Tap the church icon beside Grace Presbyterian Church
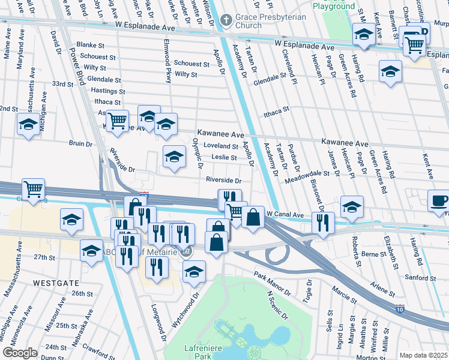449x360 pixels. tap(226, 20)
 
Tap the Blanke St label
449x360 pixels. tap(91, 45)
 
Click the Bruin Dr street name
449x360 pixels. tap(80, 144)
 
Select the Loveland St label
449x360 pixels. tap(221, 146)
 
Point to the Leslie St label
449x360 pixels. tap(224, 158)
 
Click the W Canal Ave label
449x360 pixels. tap(286, 214)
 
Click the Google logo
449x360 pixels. tap(20, 353)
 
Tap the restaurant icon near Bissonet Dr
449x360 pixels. tap(323, 224)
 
